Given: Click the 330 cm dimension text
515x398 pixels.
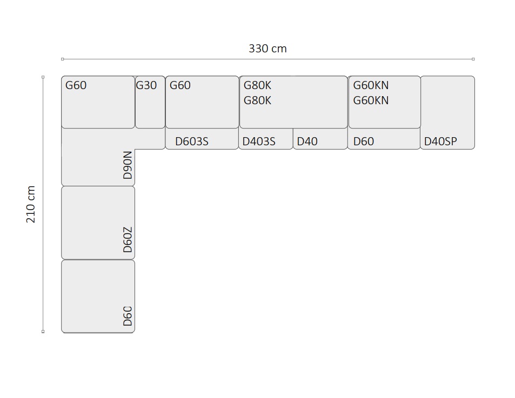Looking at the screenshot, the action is tap(267, 49).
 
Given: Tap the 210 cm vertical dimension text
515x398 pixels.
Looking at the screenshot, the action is tap(31, 205).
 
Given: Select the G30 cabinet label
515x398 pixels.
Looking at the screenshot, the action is tap(146, 85).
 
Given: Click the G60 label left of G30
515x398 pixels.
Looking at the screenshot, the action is tap(76, 85).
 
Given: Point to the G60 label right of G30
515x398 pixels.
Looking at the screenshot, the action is tap(180, 85).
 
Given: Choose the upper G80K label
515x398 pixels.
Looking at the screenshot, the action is tap(257, 85).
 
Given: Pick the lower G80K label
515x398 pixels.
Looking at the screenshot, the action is tap(257, 100).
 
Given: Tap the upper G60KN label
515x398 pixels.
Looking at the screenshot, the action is tap(371, 85).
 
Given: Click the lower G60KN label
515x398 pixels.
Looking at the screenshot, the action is tap(371, 100).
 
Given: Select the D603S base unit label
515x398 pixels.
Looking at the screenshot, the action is tap(192, 141).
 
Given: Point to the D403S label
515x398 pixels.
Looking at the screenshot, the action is tap(259, 141).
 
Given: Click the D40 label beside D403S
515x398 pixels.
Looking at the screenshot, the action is tap(307, 141).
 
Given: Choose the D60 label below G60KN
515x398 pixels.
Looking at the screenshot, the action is tap(364, 141).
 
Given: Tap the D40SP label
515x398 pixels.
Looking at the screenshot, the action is tap(440, 141).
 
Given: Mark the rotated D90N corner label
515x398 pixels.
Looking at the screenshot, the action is tap(128, 165).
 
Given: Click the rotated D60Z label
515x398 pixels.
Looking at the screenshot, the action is tap(128, 240).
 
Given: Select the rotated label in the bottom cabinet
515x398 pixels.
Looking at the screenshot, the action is tap(128, 316).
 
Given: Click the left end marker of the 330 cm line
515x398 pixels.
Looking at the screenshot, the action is tap(62, 59).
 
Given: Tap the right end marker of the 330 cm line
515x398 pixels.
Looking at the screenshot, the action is tap(473, 59).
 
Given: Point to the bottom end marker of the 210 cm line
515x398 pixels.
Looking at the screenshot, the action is tap(43, 332).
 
